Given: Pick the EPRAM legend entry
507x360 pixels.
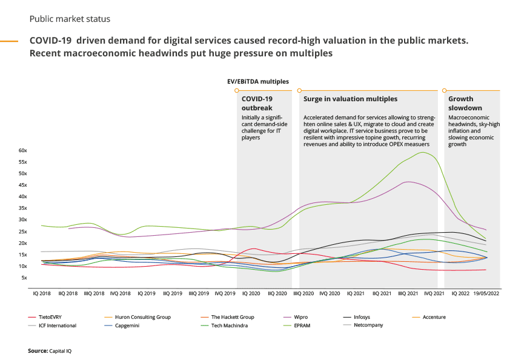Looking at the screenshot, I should tap(302, 325).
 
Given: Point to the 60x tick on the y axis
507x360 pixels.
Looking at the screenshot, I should tap(22, 150).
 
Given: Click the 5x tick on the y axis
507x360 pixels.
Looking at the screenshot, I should tap(24, 278).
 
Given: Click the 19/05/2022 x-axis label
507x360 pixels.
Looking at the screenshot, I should tap(486, 293).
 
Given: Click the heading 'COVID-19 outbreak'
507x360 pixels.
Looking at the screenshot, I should tap(257, 103).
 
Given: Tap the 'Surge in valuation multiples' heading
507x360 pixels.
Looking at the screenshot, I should tap(350, 99).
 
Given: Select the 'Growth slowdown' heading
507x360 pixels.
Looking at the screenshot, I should tap(465, 103).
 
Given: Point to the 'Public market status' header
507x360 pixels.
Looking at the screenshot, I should tap(70, 19).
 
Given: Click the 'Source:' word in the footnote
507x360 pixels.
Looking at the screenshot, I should tap(37, 351).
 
